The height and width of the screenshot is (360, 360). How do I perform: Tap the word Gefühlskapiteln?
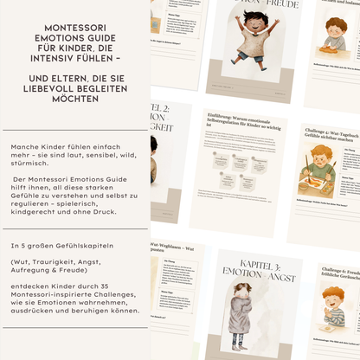coord(93,246)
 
